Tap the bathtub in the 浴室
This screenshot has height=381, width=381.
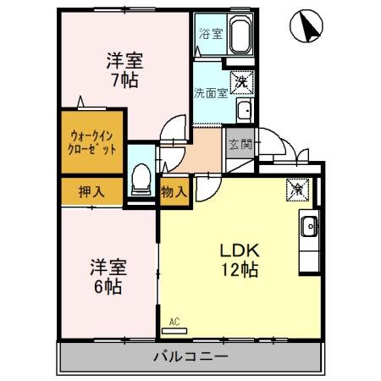click(x=236, y=37)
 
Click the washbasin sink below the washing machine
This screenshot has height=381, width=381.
click(x=244, y=111)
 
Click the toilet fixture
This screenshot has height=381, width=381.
click(x=142, y=179)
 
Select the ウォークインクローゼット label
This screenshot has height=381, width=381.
click(x=89, y=141)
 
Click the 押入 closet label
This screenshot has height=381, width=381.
click(x=91, y=191)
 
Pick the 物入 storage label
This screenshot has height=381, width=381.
click(x=174, y=191)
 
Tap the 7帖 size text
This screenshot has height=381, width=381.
click(x=124, y=81)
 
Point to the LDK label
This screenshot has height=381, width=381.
click(x=240, y=251)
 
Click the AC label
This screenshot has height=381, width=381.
click(x=174, y=320)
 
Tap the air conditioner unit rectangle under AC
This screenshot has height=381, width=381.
click(x=174, y=329)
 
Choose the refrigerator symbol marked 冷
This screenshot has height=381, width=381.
click(x=298, y=189)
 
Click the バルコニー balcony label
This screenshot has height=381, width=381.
click(x=190, y=356)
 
